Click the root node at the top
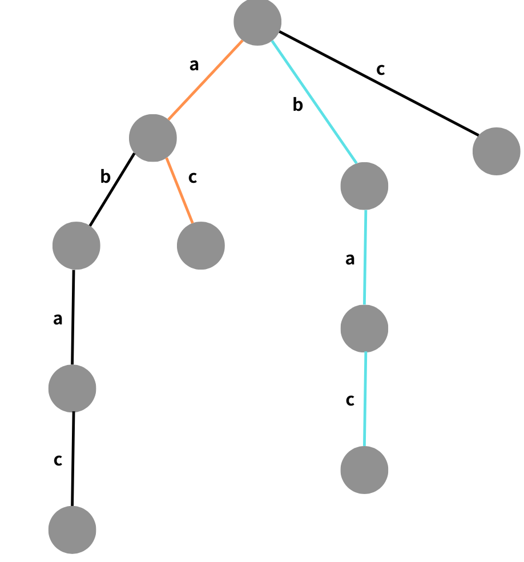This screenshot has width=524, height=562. pos(257,22)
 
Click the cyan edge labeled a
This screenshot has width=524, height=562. pos(365,257)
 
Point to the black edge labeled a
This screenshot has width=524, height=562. pos(73,317)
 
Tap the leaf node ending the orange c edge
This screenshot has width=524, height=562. pos(200,246)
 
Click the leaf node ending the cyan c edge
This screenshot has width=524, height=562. pos(364,470)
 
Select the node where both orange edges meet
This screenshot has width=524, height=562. pos(152,138)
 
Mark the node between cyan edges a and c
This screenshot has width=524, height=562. pos(364,328)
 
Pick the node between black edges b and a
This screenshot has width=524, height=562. pos(76,246)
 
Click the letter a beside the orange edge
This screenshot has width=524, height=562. pos(194,65)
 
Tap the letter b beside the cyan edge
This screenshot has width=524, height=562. pos(297,105)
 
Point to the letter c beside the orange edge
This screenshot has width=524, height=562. pos(192,177)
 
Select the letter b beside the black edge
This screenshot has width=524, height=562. pos(105,177)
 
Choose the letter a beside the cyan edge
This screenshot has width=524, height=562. pos(350,259)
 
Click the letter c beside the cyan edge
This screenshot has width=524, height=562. pos(350,400)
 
